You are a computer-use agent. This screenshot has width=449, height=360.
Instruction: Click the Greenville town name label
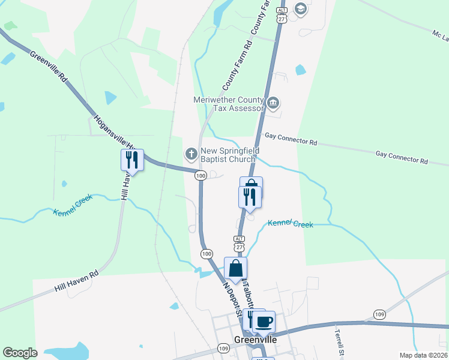[x=256, y=340]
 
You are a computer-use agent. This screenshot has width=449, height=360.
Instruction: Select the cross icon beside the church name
[x=191, y=155]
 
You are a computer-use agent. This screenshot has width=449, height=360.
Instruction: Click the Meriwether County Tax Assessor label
[x=229, y=104]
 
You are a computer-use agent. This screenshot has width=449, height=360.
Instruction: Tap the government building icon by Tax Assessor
[x=273, y=103]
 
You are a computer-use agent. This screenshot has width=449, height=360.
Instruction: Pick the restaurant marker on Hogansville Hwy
[x=131, y=160]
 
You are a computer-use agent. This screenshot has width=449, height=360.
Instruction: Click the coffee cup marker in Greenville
[x=264, y=323]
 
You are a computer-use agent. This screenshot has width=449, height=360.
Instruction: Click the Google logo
[x=20, y=353]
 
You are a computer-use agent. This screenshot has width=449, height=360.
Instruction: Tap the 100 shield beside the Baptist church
[x=200, y=175]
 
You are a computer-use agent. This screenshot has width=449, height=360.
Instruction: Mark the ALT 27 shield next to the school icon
[x=281, y=14]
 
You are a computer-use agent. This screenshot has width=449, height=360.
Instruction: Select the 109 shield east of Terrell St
[x=379, y=314]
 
